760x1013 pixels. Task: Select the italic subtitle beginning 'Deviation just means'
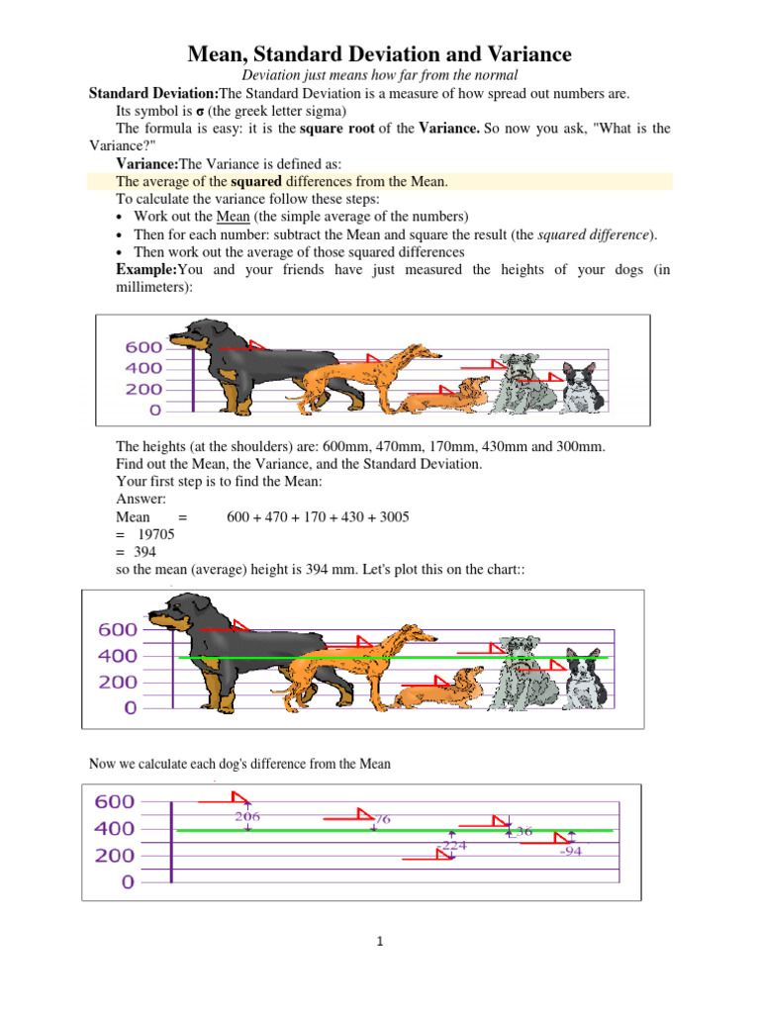pyautogui.click(x=379, y=75)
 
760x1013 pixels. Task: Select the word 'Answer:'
pyautogui.click(x=140, y=500)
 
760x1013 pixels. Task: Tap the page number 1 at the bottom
pyautogui.click(x=380, y=942)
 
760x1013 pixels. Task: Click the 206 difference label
pyautogui.click(x=247, y=816)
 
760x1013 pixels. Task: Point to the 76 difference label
pyautogui.click(x=381, y=819)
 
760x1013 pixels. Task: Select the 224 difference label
pyautogui.click(x=454, y=846)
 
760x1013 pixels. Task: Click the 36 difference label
pyautogui.click(x=523, y=832)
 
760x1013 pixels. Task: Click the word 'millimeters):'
pyautogui.click(x=153, y=288)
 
